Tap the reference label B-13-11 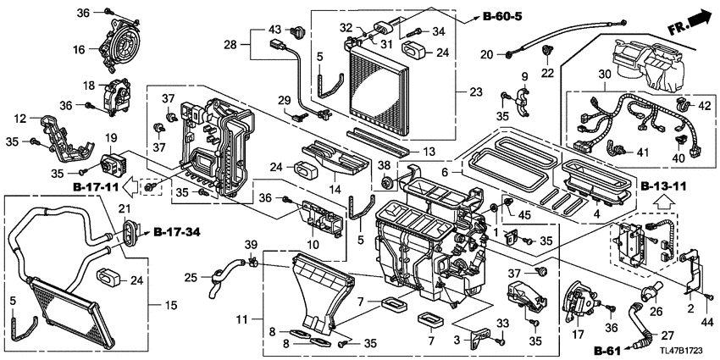pos(667,186)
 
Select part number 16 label pos(79,50)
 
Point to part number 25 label pos(191,277)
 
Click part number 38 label pos(385,165)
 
